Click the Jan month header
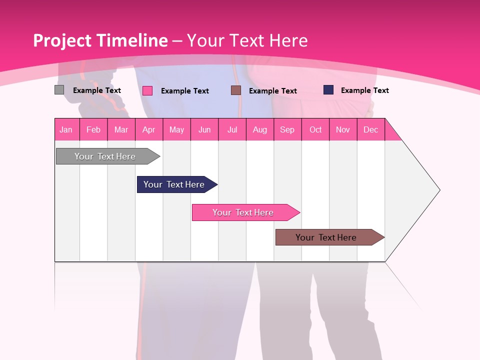66,129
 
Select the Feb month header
93,129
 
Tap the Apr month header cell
149,129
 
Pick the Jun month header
204,129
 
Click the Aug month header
260,129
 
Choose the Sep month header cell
287,129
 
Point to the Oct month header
315,129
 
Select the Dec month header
371,129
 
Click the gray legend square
59,90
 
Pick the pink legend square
147,90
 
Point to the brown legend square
236,90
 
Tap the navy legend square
328,90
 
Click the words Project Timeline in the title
100,40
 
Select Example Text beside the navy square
364,90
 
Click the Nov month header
343,129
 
